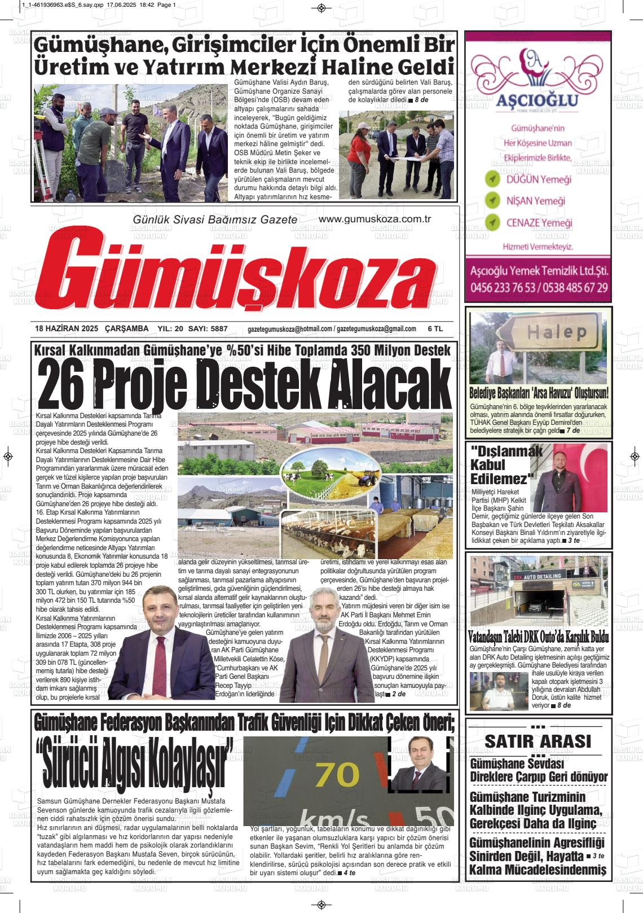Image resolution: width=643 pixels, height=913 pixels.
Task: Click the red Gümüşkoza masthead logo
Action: point(248,275)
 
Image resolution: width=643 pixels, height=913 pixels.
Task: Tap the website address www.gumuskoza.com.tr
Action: point(375,219)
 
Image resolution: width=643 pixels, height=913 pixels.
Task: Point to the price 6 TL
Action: point(435,328)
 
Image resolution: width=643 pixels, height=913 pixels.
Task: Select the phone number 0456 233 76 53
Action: point(503,287)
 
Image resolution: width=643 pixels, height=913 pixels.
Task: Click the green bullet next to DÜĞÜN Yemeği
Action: point(492,179)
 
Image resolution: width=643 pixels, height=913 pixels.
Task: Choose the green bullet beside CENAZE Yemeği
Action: point(492,223)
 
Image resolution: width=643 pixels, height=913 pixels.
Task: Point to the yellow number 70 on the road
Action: point(337,775)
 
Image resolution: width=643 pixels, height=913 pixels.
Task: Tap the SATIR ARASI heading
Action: point(538,740)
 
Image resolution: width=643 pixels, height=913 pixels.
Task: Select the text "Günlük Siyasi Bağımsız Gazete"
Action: point(214,219)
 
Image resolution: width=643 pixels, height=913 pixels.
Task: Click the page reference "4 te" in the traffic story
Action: point(349,873)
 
